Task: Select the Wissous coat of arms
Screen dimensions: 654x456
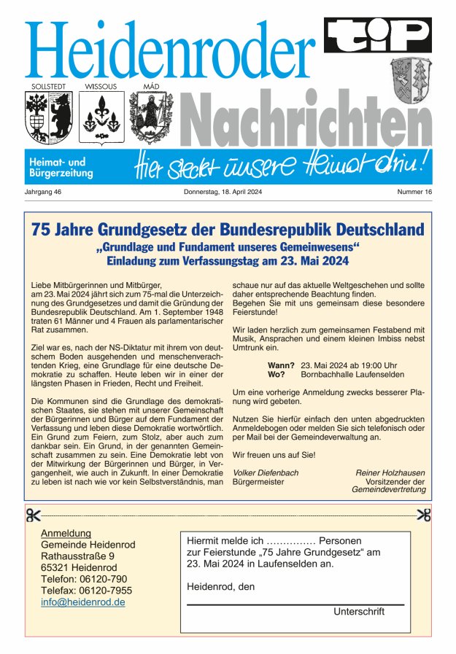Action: click(x=100, y=117)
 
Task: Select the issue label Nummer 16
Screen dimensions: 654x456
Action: click(x=414, y=192)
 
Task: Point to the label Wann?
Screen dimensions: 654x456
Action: click(x=281, y=365)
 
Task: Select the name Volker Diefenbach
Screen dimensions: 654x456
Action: click(x=266, y=472)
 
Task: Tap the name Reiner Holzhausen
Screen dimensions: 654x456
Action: click(x=390, y=472)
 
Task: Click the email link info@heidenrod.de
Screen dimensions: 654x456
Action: click(x=83, y=602)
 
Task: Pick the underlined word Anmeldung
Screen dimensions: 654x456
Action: click(x=66, y=533)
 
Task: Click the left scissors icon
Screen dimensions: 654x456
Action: click(x=34, y=515)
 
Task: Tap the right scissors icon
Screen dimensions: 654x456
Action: click(x=423, y=515)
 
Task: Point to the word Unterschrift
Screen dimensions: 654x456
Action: click(x=359, y=612)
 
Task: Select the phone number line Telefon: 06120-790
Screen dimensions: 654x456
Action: click(x=84, y=579)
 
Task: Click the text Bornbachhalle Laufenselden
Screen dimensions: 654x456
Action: click(x=353, y=374)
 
